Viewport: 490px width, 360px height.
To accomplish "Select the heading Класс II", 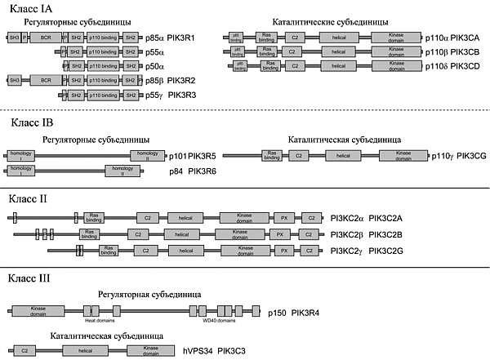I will [x=29, y=198].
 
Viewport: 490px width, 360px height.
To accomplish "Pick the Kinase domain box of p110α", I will [x=396, y=38].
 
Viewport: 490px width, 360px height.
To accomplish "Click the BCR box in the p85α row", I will [x=46, y=38].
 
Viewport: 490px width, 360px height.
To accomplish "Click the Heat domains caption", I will [x=98, y=322].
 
